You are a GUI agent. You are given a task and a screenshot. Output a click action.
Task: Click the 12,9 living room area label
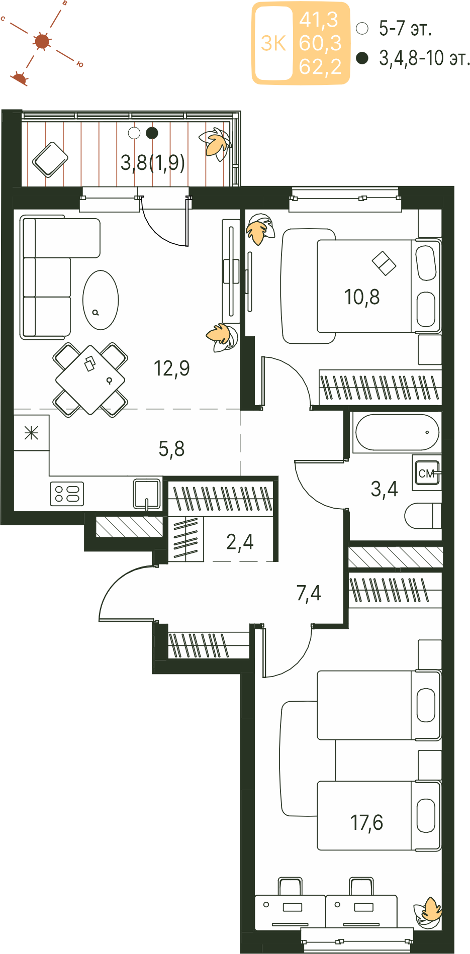point(171,368)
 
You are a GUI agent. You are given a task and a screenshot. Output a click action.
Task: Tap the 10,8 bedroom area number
point(362,297)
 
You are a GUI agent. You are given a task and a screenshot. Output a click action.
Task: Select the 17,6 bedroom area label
point(366,823)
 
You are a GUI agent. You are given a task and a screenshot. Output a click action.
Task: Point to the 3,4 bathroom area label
point(384,489)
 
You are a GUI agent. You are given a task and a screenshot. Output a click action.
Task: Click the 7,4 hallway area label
point(309,593)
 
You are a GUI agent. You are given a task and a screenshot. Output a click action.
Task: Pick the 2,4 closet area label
point(240,542)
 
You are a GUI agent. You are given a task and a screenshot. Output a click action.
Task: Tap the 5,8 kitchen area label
point(171,449)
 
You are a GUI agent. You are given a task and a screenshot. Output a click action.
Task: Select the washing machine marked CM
point(427,473)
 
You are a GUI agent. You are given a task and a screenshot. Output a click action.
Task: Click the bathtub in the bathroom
point(397,432)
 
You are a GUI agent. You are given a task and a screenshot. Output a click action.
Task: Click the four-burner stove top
point(67,493)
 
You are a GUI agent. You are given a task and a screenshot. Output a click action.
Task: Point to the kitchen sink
point(147,494)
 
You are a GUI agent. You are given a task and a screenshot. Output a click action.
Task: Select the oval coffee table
point(101,300)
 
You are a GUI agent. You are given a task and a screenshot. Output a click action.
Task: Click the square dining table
point(90,379)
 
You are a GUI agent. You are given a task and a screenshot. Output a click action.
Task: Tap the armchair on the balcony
point(50,159)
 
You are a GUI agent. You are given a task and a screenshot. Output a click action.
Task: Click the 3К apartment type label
point(273,44)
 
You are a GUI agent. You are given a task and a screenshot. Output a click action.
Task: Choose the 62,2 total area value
point(320,67)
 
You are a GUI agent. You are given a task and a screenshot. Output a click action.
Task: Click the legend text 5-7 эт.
point(406,29)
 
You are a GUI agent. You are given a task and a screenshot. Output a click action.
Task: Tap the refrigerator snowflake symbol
point(31,432)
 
